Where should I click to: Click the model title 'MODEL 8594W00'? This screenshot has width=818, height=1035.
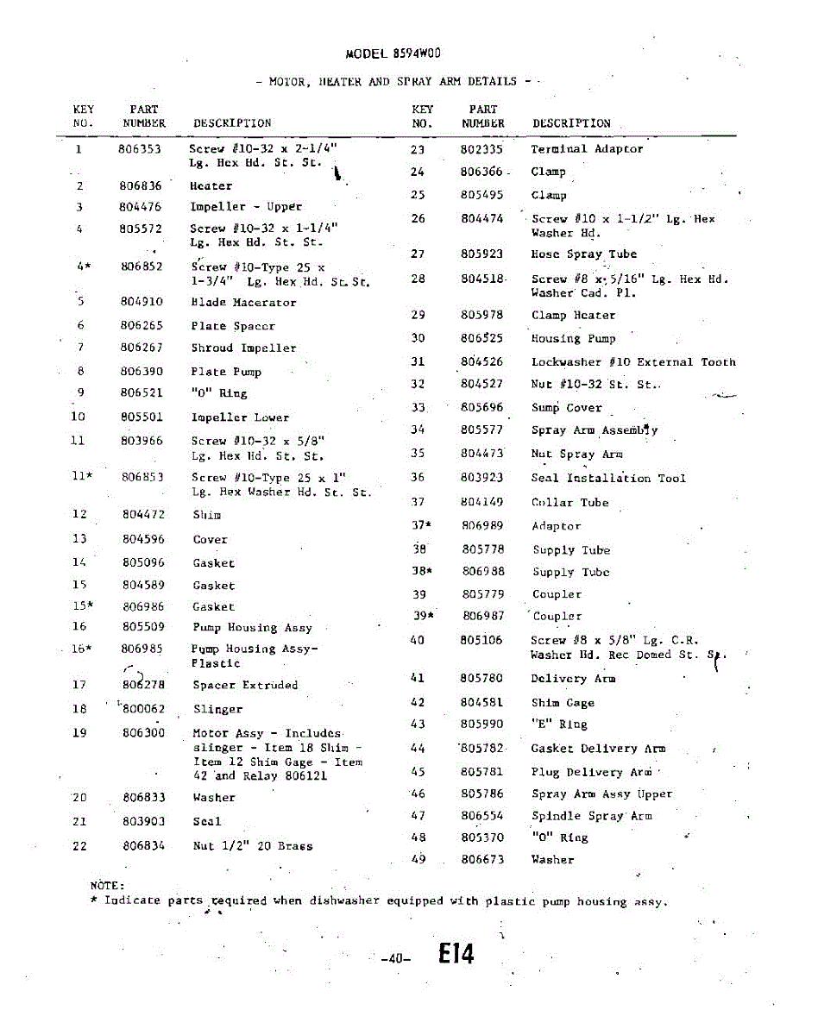tap(393, 53)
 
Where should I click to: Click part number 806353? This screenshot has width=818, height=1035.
tap(140, 149)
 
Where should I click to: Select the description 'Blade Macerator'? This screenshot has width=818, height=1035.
tap(243, 303)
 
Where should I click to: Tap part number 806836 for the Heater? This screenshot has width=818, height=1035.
tap(140, 186)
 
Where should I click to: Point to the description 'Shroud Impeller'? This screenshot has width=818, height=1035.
tap(243, 348)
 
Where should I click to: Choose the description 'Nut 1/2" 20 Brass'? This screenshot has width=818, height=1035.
tap(253, 846)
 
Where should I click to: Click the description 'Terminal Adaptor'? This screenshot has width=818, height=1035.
tap(587, 149)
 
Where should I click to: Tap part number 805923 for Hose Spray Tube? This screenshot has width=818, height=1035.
tap(481, 254)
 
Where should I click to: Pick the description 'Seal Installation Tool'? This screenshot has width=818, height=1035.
tap(608, 478)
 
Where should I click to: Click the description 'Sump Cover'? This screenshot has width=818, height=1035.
tap(566, 408)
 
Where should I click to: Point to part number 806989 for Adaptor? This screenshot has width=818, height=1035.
tap(482, 525)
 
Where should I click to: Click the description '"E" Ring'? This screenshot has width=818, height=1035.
tap(559, 724)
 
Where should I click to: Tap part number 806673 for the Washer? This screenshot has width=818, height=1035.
tap(482, 859)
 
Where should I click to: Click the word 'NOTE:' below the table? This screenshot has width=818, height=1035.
tap(108, 885)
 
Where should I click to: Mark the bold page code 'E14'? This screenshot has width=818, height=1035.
tap(456, 953)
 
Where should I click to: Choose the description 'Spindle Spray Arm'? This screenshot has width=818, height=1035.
tap(591, 816)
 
